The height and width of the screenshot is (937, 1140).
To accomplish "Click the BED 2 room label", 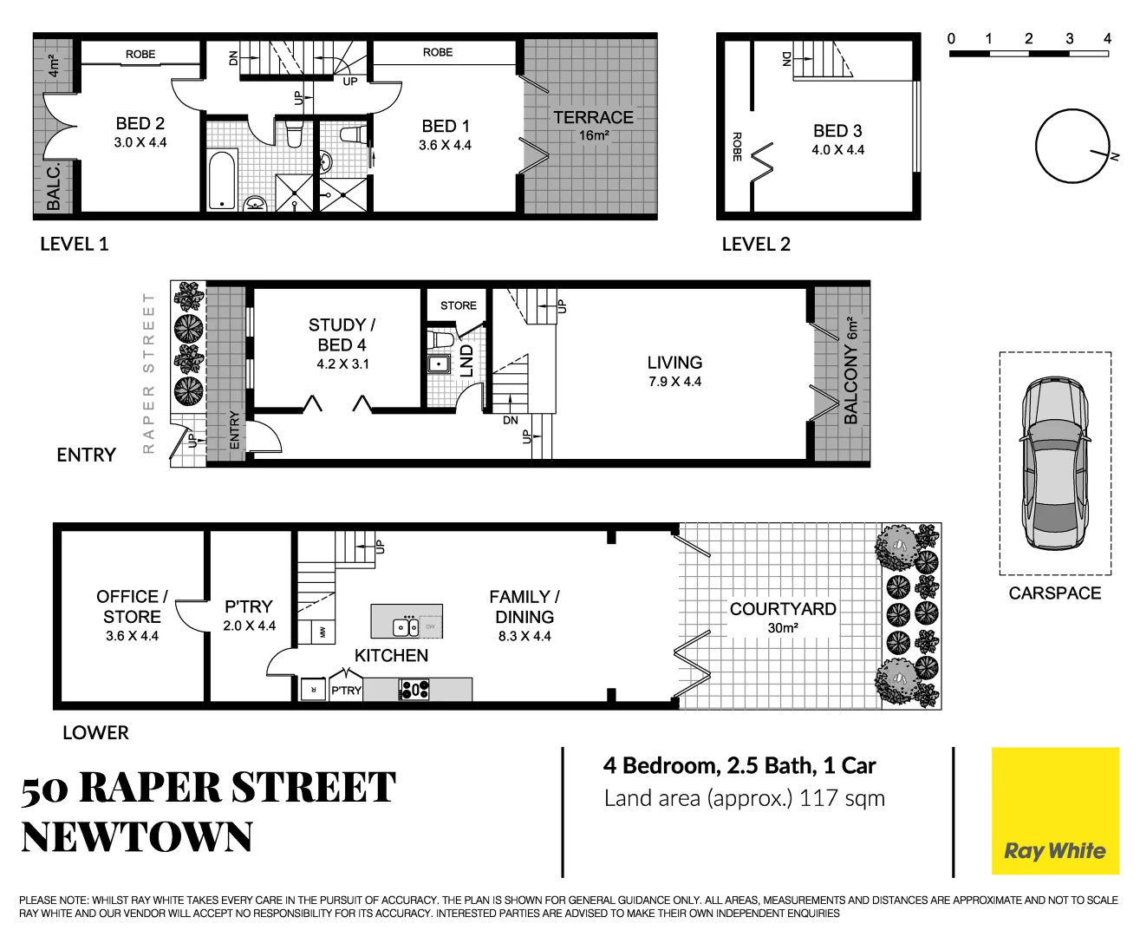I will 140,124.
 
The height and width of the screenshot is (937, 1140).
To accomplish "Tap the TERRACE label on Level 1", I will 593,118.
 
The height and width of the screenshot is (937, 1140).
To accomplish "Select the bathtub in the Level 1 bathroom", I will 222,180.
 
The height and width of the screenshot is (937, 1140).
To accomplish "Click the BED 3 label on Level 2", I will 837,131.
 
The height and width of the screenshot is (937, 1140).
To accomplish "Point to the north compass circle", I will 1072,146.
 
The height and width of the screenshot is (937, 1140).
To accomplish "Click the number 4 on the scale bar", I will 1107,38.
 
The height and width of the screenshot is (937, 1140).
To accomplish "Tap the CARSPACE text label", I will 1054,593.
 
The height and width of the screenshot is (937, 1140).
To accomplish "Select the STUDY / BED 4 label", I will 342,335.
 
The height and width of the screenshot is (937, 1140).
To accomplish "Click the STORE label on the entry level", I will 458,305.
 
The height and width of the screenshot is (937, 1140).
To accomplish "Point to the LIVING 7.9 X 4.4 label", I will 674,370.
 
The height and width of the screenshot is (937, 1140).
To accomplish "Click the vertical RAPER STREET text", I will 148,373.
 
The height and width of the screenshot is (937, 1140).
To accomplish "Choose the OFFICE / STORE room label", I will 132,607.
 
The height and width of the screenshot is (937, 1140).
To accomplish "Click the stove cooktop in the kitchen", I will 414,690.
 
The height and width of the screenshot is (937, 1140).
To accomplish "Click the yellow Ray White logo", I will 1054,811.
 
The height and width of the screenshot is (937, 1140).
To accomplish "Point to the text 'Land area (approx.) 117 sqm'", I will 744,798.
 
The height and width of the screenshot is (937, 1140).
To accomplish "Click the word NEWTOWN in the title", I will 137,838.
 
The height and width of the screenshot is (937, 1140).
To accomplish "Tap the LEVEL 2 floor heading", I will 756,245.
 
